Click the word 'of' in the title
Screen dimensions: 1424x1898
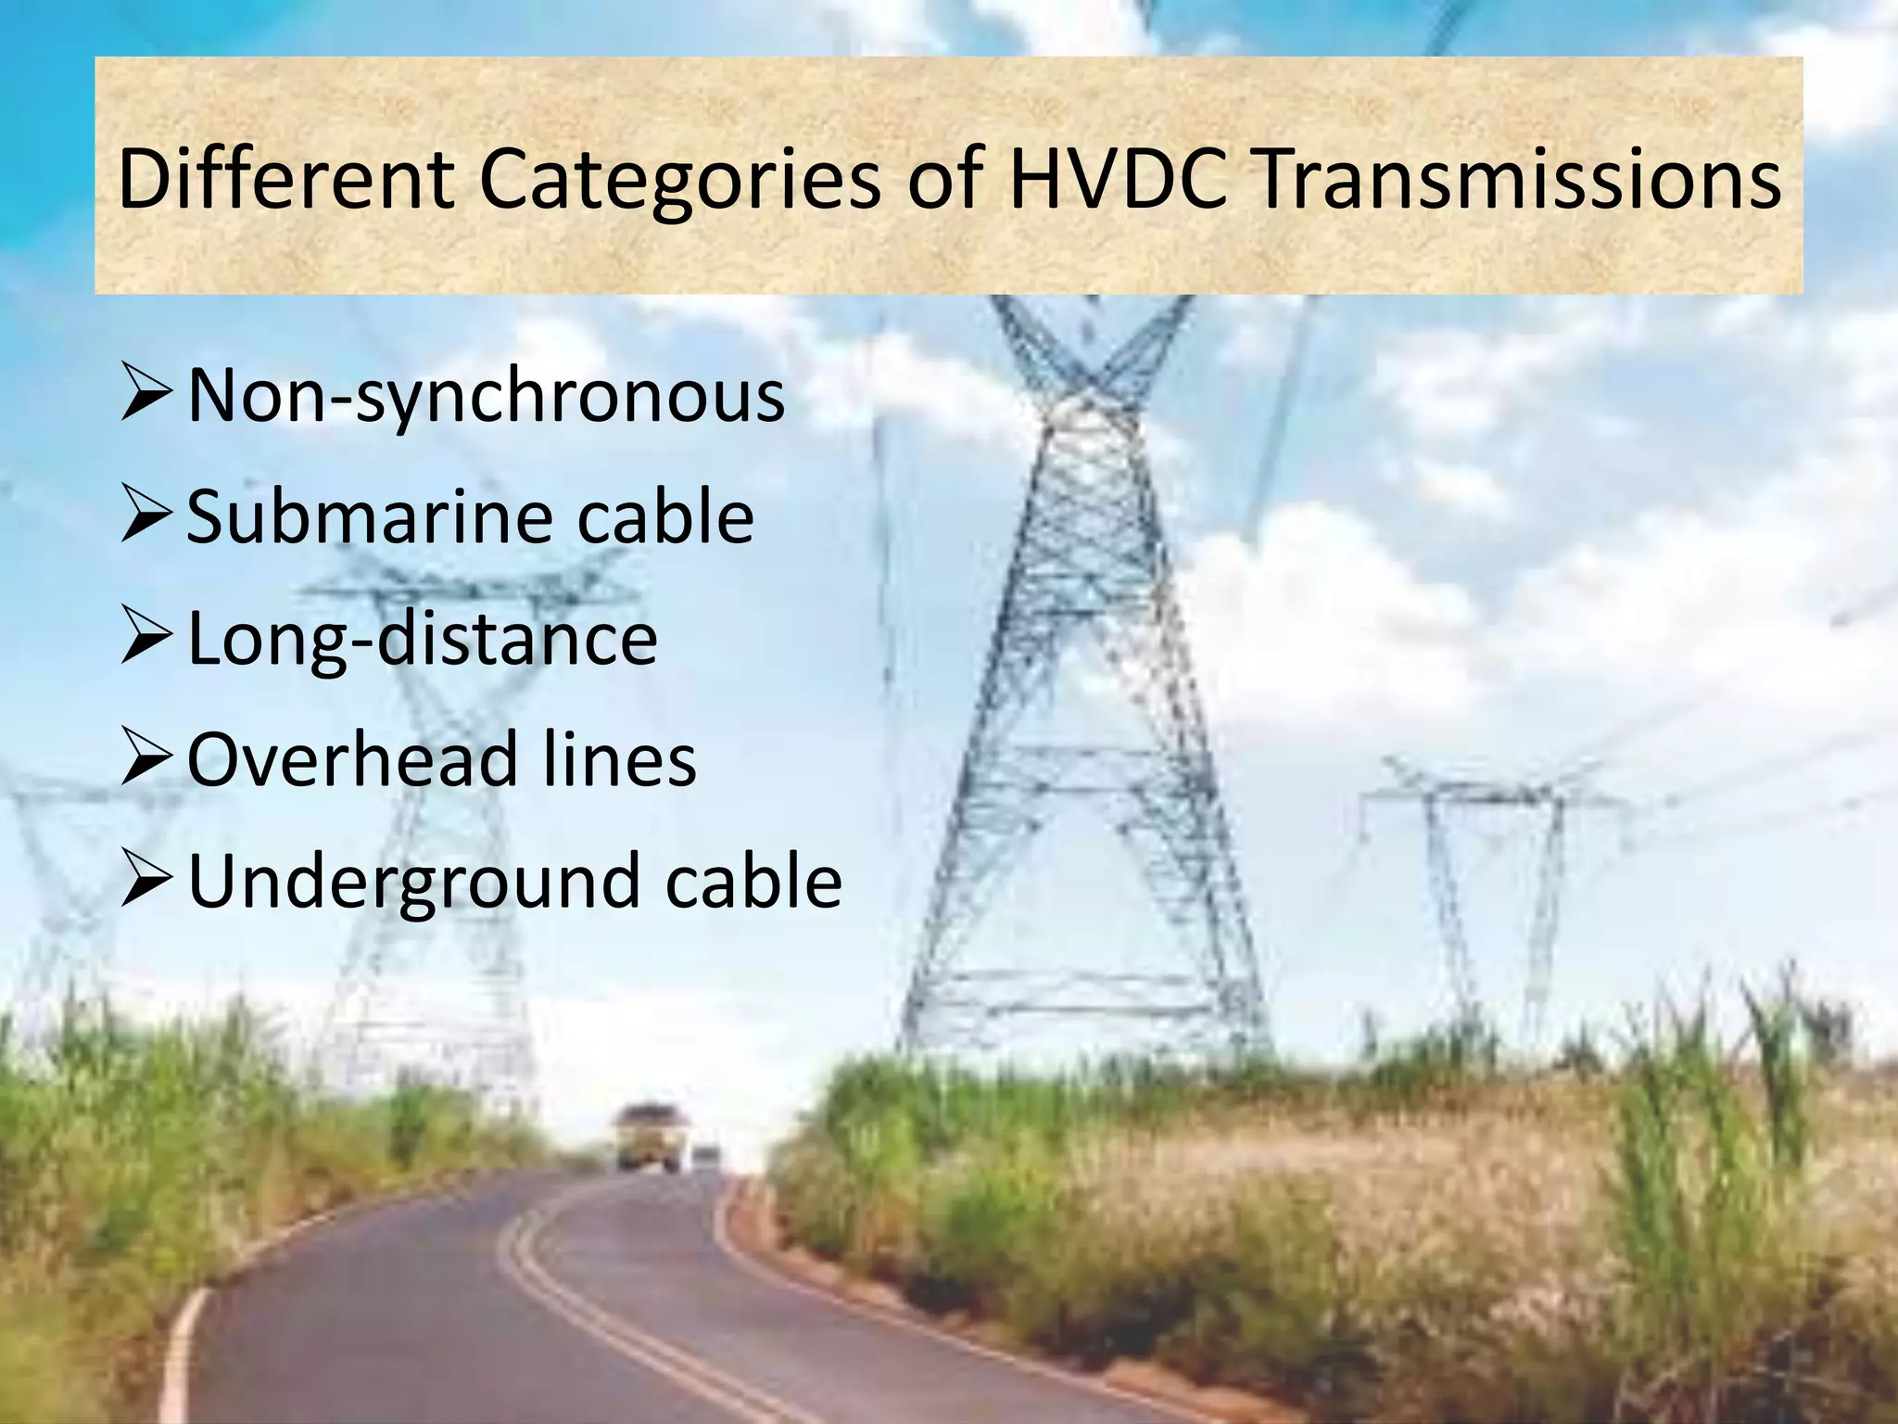tap(944, 180)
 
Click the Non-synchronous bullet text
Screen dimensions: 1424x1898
tap(486, 397)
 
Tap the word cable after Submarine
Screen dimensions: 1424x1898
tap(664, 516)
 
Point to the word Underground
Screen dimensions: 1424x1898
tap(413, 881)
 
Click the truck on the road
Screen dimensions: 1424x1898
tap(650, 1138)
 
